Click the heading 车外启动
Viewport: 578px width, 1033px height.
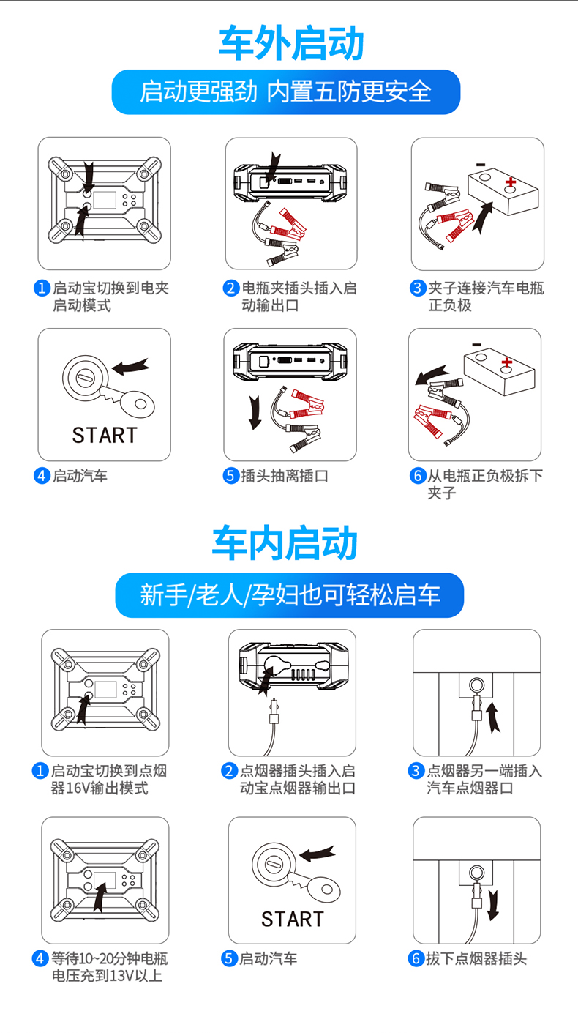coord(291,43)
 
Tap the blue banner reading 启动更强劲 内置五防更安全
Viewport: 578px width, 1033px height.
coord(286,92)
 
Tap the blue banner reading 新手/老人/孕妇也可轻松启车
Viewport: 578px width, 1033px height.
coord(290,595)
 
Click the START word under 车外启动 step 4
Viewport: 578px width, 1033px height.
coord(105,436)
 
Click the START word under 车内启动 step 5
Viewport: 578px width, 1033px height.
coord(293,920)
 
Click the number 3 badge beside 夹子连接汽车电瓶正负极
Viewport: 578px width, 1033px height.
coord(418,288)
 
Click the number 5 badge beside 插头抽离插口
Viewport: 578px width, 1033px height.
coord(230,476)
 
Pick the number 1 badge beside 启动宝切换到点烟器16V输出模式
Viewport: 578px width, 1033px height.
coord(40,771)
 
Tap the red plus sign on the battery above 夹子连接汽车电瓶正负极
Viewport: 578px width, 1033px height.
coord(510,182)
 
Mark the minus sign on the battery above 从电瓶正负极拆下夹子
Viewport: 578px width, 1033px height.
coord(476,345)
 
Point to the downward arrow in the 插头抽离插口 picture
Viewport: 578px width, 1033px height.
coord(255,413)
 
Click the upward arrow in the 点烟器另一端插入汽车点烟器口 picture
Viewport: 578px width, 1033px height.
coord(493,717)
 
